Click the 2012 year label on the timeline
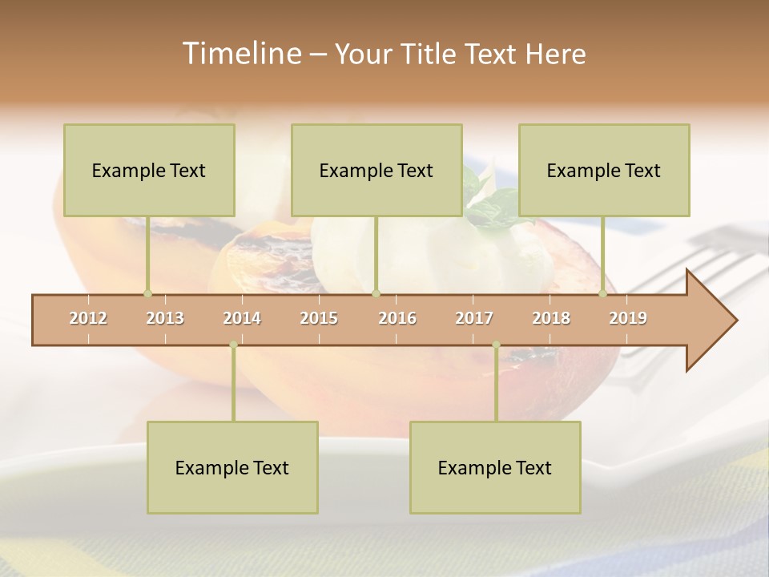pos(88,318)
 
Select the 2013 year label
pos(165,318)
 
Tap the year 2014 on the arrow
pos(242,318)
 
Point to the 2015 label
pos(319,318)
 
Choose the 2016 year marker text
pos(397,318)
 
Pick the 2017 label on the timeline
pos(474,318)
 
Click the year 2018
pos(551,318)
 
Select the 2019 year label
pos(628,318)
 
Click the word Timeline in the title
pos(240,54)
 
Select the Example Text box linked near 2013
pos(149,170)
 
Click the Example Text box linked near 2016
pos(376,170)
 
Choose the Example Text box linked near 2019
pos(604,170)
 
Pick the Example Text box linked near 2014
pos(232,467)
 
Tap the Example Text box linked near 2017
pos(495,467)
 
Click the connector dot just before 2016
pos(376,293)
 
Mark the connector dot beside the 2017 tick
pos(496,345)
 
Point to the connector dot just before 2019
pos(603,293)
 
